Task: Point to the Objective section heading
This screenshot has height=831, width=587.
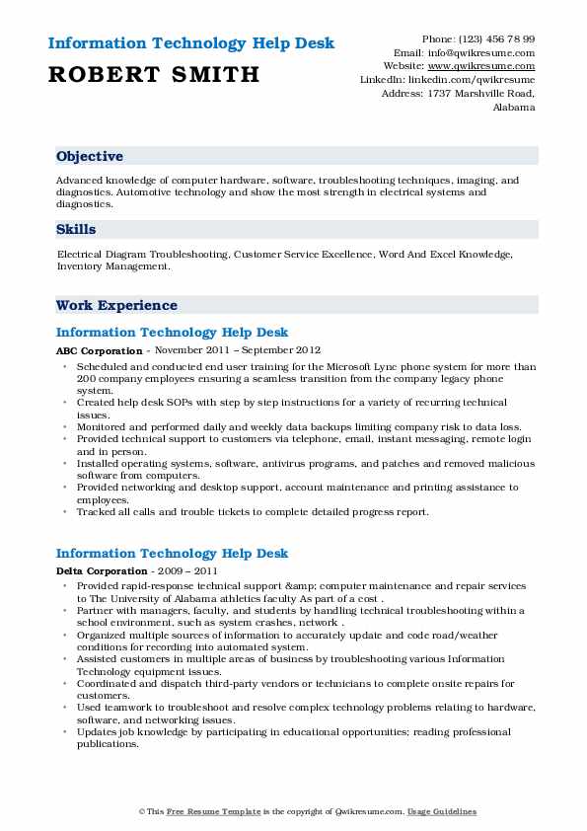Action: pos(90,156)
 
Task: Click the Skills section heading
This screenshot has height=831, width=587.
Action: pos(76,229)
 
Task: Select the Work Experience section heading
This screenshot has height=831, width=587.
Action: pos(116,305)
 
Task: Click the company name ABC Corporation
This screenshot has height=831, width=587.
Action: pos(99,350)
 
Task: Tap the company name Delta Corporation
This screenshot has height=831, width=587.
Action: pos(102,571)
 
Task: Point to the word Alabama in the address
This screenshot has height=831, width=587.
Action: pos(514,108)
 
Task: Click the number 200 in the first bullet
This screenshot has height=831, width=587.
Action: pos(87,377)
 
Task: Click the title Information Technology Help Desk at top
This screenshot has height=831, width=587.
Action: pos(190,43)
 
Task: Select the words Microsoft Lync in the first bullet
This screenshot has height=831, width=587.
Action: pos(352,364)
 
